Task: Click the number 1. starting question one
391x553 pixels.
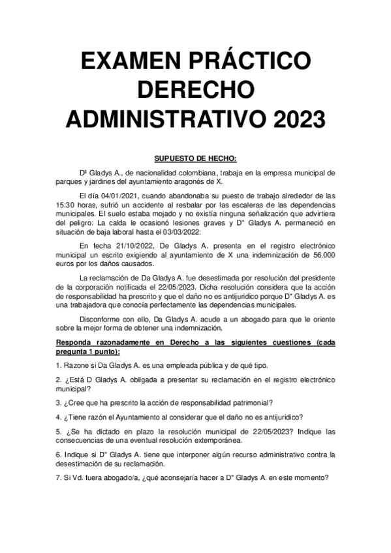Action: click(x=59, y=365)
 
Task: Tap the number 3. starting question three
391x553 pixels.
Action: click(x=59, y=402)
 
